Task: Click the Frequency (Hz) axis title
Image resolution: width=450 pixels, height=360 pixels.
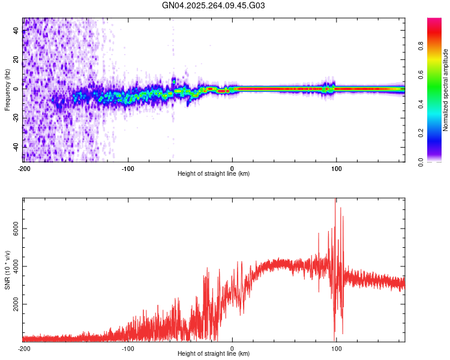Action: click(x=7, y=89)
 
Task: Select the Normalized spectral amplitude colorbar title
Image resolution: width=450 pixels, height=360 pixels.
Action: click(x=445, y=90)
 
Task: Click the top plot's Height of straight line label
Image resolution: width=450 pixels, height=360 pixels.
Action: click(x=214, y=173)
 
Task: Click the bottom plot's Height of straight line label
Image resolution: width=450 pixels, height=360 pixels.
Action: click(x=214, y=353)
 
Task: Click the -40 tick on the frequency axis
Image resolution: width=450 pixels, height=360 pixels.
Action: click(x=15, y=146)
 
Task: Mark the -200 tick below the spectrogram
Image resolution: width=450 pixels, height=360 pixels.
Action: click(x=24, y=168)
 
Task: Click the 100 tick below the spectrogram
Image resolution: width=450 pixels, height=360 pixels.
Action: click(x=337, y=168)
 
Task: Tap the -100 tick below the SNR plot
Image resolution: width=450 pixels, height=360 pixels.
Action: click(x=128, y=348)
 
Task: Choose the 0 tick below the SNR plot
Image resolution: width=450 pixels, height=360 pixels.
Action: click(x=232, y=348)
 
